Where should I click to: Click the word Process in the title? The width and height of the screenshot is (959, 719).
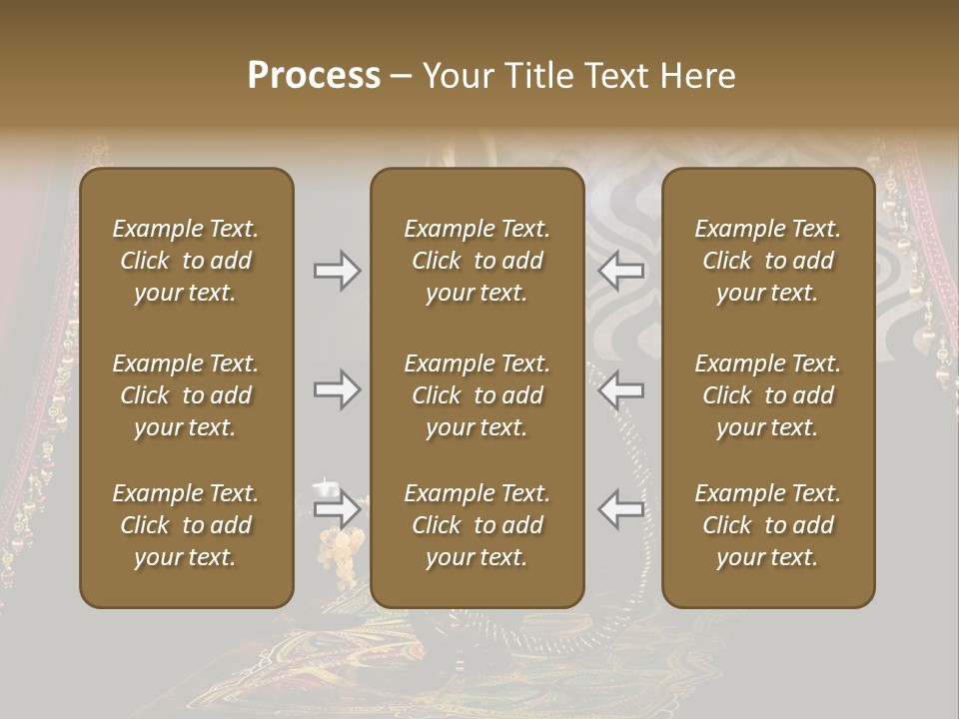[314, 76]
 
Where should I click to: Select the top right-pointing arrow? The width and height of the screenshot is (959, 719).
[338, 271]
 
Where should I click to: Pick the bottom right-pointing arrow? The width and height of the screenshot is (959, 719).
[338, 509]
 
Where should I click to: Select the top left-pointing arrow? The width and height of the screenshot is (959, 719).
[621, 271]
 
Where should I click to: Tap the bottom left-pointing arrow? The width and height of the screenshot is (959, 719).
[621, 509]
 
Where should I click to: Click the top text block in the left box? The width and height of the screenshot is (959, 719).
[186, 261]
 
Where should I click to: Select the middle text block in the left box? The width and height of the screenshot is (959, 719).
[186, 395]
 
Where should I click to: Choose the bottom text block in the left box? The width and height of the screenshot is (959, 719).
[186, 525]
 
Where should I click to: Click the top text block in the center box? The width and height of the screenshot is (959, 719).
[478, 261]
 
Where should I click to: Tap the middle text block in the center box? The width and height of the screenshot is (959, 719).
[478, 395]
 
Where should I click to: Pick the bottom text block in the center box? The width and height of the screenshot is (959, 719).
[478, 525]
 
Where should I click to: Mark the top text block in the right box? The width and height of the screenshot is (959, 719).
[768, 261]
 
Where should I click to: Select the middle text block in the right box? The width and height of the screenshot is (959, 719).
[768, 395]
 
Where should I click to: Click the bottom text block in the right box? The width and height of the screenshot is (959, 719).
[768, 525]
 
